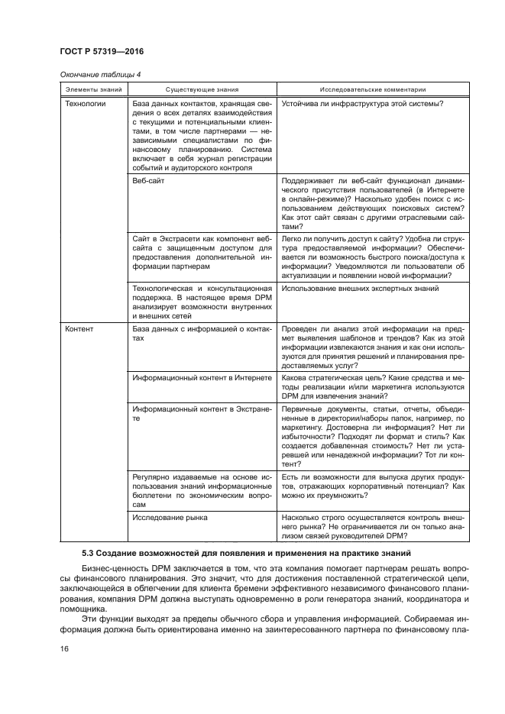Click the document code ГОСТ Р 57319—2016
tap(102, 51)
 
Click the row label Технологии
tap(84, 103)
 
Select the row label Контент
tap(79, 329)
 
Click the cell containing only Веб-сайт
tap(146, 181)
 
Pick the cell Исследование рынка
tap(170, 518)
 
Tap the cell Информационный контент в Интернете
tap(202, 378)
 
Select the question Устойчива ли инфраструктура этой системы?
tap(362, 103)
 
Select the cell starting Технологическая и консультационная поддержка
tap(202, 302)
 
